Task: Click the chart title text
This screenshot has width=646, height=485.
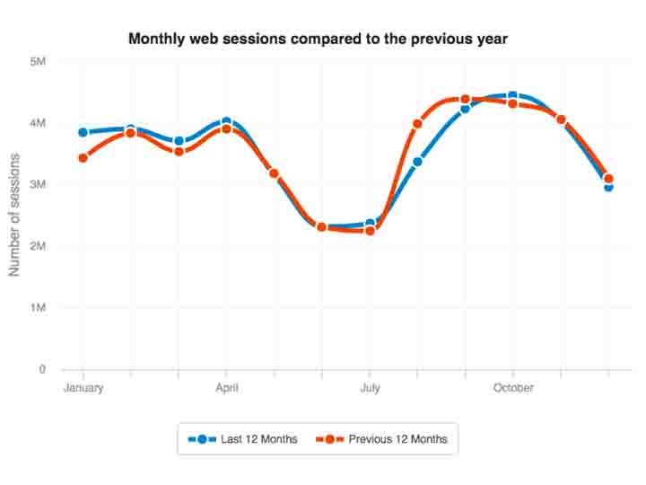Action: pyautogui.click(x=319, y=39)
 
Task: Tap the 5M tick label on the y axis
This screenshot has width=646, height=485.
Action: pyautogui.click(x=38, y=61)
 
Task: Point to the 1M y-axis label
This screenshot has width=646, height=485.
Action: pyautogui.click(x=38, y=307)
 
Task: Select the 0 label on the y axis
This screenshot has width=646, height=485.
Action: pyautogui.click(x=42, y=369)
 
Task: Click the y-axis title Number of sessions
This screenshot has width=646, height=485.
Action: pyautogui.click(x=14, y=215)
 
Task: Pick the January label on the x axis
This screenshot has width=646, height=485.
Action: pyautogui.click(x=83, y=388)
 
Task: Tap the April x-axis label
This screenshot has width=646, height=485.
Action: pyautogui.click(x=226, y=388)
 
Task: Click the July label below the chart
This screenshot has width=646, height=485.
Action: pyautogui.click(x=370, y=388)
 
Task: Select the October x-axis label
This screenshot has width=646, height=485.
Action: pyautogui.click(x=512, y=388)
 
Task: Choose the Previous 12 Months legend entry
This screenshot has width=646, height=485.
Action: pyautogui.click(x=386, y=439)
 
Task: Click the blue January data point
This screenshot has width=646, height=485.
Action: pyautogui.click(x=83, y=132)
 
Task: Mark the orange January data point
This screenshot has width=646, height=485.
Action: pyautogui.click(x=83, y=158)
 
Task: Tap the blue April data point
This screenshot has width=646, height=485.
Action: pyautogui.click(x=226, y=121)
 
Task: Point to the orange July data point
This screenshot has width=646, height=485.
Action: pyautogui.click(x=370, y=231)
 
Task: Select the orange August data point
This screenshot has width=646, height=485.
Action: pyautogui.click(x=417, y=124)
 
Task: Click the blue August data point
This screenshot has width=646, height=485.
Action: pyautogui.click(x=417, y=162)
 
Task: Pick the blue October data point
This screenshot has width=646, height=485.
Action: pyautogui.click(x=512, y=95)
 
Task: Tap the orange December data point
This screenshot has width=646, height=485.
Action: pyautogui.click(x=608, y=179)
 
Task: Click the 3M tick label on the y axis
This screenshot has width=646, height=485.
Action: pyautogui.click(x=38, y=184)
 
